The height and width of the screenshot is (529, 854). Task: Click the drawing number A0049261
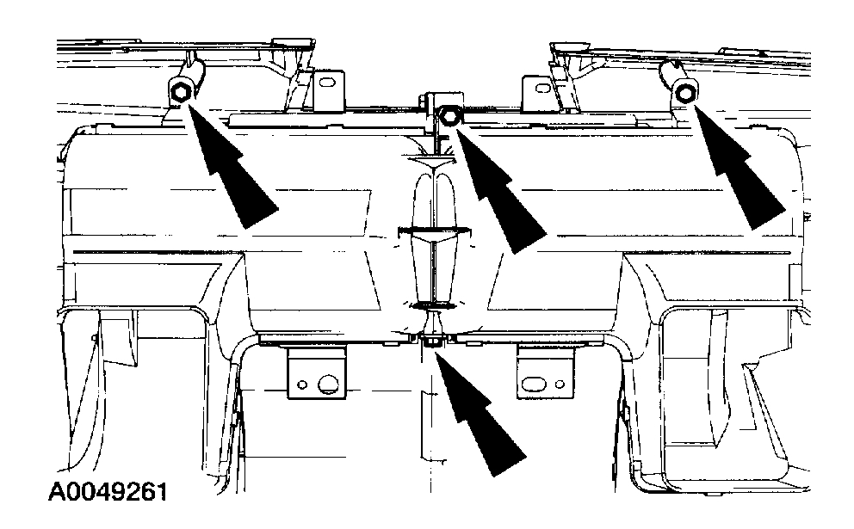click(x=108, y=493)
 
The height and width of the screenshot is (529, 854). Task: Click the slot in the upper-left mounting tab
click(x=326, y=84)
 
